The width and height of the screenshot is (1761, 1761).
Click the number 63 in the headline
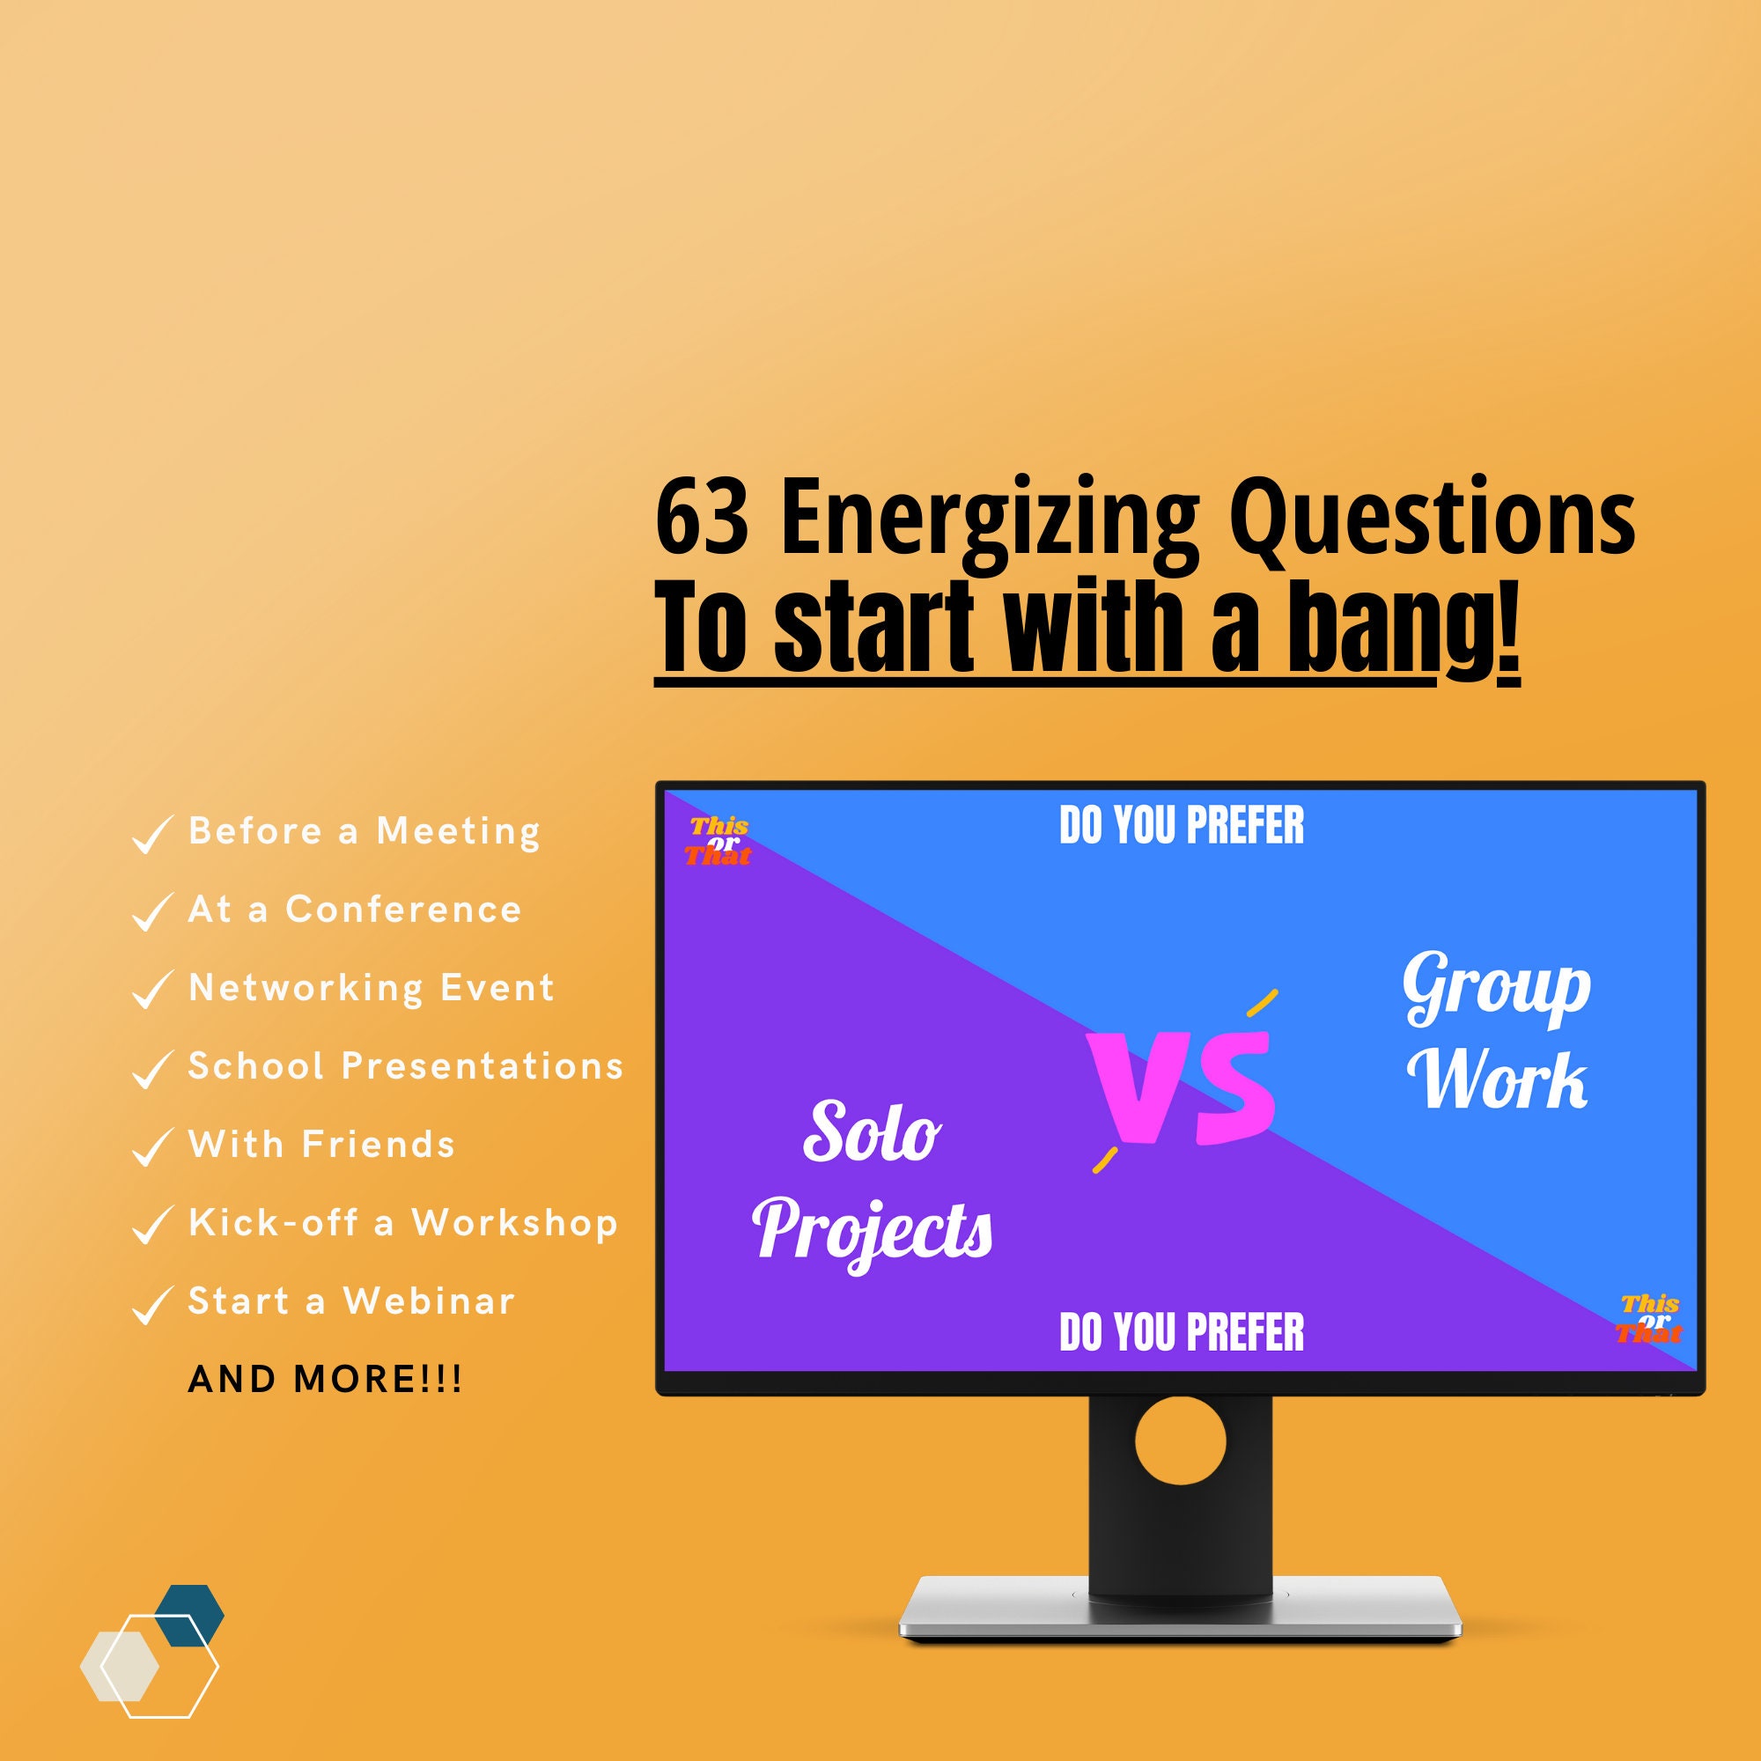(x=702, y=518)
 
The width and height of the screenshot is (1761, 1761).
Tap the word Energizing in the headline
(x=989, y=519)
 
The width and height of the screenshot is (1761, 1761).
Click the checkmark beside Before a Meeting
(x=151, y=834)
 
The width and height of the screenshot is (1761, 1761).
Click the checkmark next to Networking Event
(x=151, y=990)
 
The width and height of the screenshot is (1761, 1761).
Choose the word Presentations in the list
(x=483, y=1066)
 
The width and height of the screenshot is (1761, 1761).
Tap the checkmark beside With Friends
(x=151, y=1146)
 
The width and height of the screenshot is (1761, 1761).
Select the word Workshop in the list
(x=514, y=1223)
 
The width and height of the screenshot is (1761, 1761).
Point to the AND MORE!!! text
(x=326, y=1380)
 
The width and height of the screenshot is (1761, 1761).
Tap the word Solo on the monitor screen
(x=872, y=1133)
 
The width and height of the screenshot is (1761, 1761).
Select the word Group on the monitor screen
(x=1497, y=989)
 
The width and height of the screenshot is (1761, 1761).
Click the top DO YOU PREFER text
(x=1182, y=826)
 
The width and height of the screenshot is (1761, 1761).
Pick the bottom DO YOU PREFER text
(x=1182, y=1332)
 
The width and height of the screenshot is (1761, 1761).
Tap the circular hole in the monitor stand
(x=1181, y=1441)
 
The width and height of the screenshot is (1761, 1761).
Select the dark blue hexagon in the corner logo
(x=189, y=1615)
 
